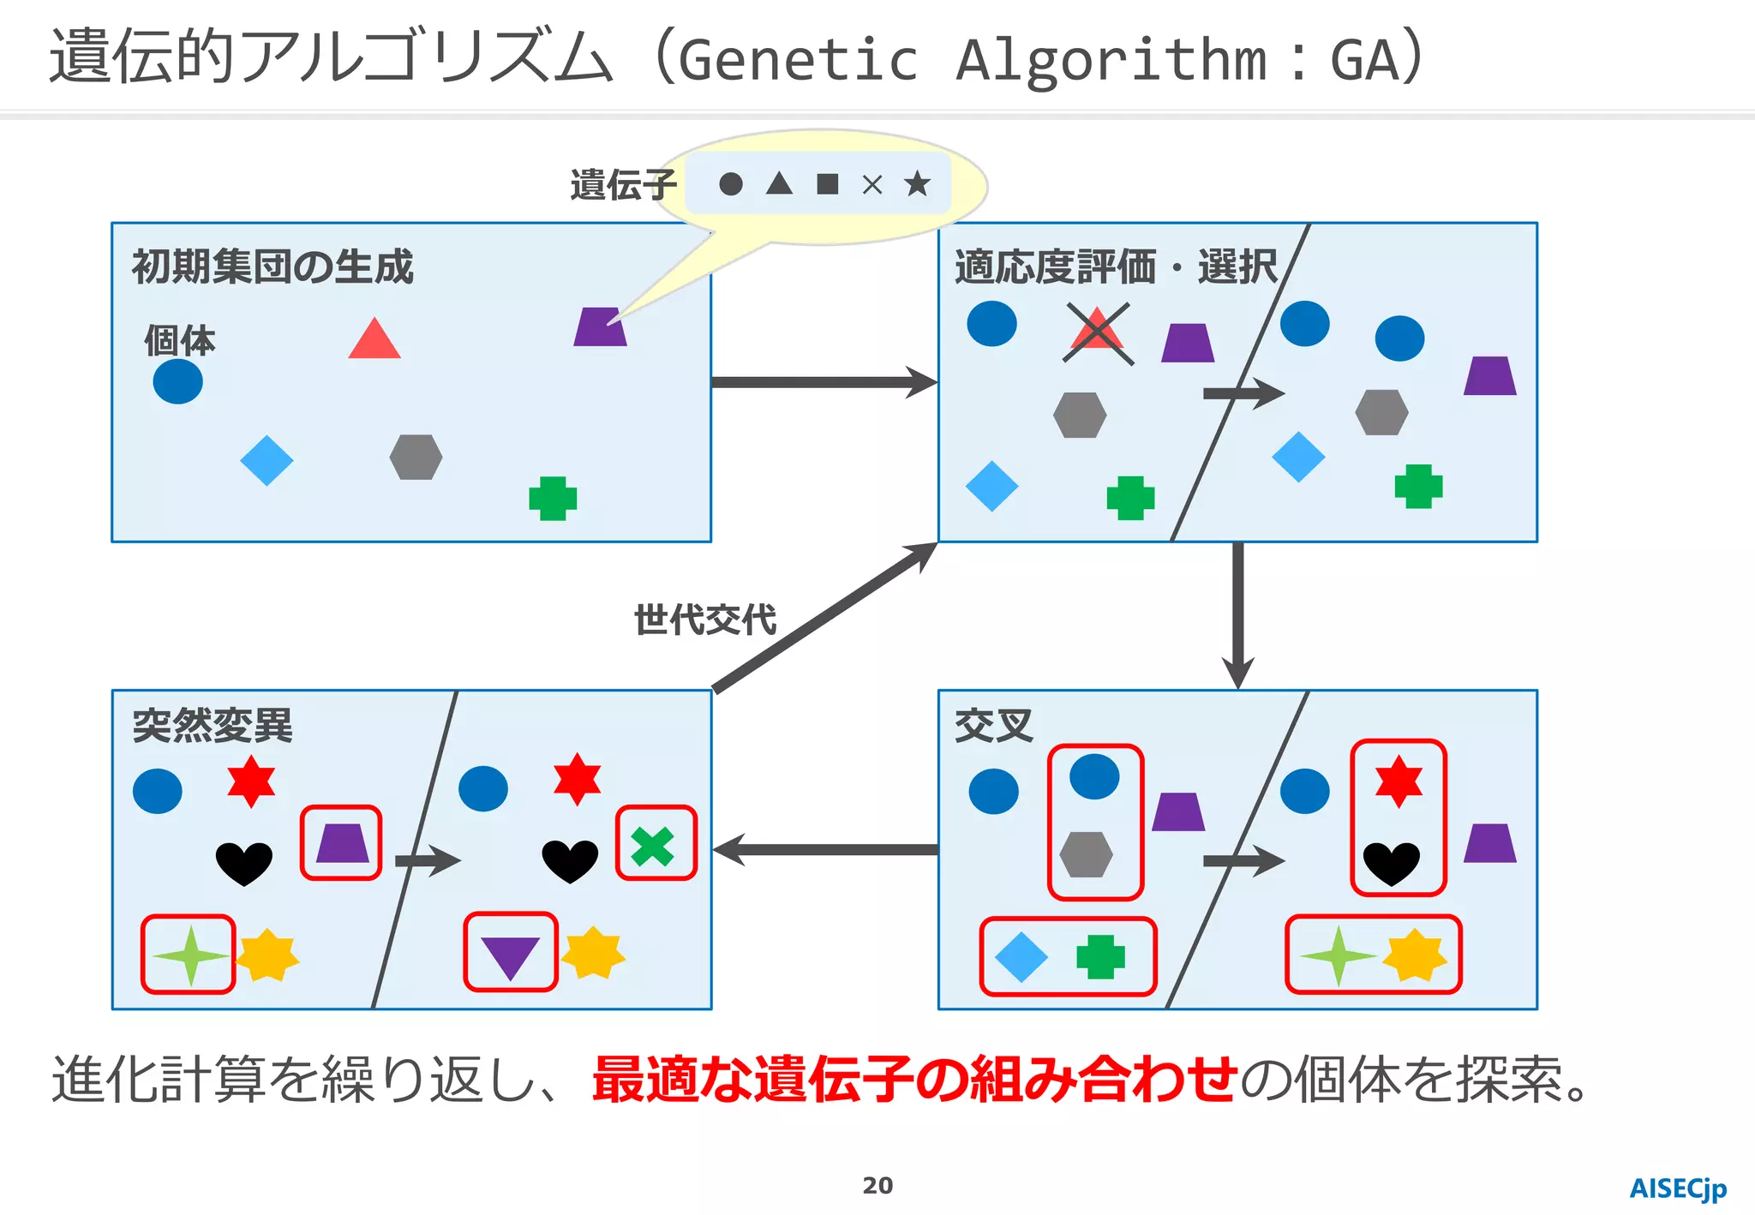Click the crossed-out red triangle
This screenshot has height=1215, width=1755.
click(x=1098, y=333)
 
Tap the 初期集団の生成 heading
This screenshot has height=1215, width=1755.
click(x=272, y=266)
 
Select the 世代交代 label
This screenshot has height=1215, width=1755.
click(x=704, y=619)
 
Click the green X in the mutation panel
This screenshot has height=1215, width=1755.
click(x=653, y=846)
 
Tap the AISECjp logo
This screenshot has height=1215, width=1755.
click(x=1678, y=1188)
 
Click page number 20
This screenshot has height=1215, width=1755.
click(x=877, y=1186)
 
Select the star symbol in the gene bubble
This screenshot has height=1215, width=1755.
click(x=917, y=183)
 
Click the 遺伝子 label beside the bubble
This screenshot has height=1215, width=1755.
click(x=623, y=185)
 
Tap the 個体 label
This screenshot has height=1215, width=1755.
click(x=179, y=340)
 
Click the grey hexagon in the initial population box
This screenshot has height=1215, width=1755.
click(x=416, y=457)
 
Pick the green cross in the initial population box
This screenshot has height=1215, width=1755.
click(x=553, y=499)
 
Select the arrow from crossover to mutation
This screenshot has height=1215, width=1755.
click(x=825, y=850)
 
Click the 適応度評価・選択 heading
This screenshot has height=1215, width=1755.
click(x=1115, y=266)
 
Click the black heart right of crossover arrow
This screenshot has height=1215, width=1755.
click(x=1391, y=863)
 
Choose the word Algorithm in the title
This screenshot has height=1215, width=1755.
click(x=1111, y=60)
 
